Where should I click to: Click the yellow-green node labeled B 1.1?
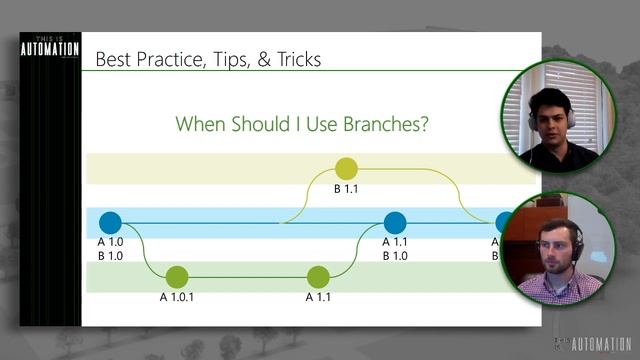(x=346, y=169)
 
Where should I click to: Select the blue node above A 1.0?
(x=110, y=223)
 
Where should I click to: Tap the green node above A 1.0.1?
(x=177, y=277)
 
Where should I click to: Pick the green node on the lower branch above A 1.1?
(x=318, y=277)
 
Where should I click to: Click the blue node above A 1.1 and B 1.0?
(x=395, y=223)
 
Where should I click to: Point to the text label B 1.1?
(x=346, y=188)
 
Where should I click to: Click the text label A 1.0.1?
(x=177, y=296)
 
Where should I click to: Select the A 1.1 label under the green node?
(x=318, y=296)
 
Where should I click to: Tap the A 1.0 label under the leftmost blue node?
(x=110, y=241)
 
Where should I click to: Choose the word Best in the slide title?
(x=113, y=60)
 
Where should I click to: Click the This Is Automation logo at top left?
(x=48, y=50)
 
